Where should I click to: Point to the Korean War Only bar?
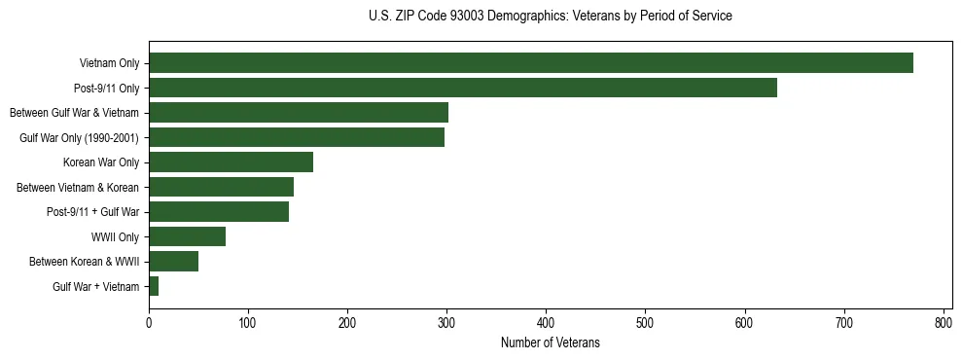click(231, 162)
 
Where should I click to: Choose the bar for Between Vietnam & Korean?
click(221, 187)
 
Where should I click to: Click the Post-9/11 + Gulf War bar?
click(219, 212)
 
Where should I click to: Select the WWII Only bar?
click(187, 236)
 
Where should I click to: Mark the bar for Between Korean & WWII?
click(173, 261)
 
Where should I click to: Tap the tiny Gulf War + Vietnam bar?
click(154, 286)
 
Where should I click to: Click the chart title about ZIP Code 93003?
click(551, 17)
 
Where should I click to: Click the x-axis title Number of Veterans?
click(550, 343)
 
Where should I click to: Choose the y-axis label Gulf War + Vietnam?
click(95, 286)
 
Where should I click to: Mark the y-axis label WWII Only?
click(115, 236)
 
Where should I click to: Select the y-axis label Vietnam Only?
click(109, 63)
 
